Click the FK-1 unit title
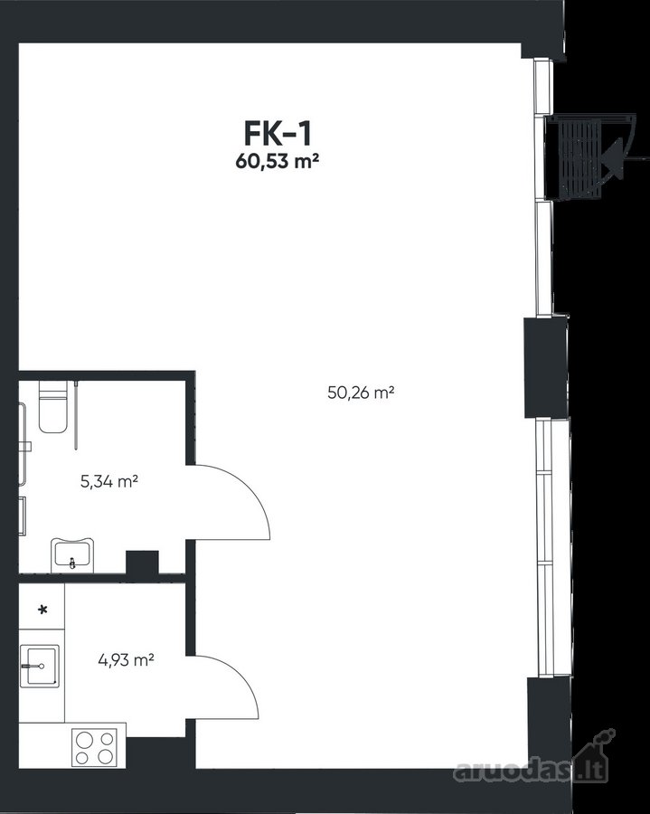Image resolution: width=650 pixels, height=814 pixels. pyautogui.click(x=278, y=134)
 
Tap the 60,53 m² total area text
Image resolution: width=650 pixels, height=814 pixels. pyautogui.click(x=277, y=162)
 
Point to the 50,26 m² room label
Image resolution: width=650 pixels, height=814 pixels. pyautogui.click(x=361, y=392)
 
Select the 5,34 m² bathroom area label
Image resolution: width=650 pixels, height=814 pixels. pyautogui.click(x=109, y=481)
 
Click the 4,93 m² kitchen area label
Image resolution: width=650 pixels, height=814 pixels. pyautogui.click(x=126, y=660)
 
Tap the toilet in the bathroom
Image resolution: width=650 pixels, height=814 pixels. pyautogui.click(x=53, y=406)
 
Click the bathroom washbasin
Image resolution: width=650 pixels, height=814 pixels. pyautogui.click(x=72, y=555)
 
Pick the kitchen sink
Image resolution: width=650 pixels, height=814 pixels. pyautogui.click(x=40, y=666)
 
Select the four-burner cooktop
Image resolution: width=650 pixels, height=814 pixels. pyautogui.click(x=94, y=748)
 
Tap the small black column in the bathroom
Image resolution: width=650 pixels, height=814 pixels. pyautogui.click(x=142, y=563)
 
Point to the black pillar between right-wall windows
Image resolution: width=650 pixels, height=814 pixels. pyautogui.click(x=545, y=367)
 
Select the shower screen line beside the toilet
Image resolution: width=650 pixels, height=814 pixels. pyautogui.click(x=76, y=415)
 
